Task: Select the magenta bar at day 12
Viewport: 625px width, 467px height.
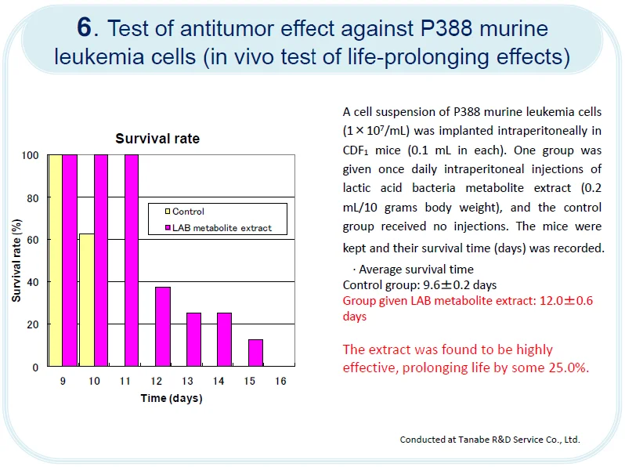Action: tap(162, 326)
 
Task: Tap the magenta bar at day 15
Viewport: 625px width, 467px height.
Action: tap(255, 353)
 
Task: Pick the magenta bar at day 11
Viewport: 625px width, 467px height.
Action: tap(132, 260)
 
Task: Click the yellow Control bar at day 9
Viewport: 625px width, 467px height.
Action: tap(56, 260)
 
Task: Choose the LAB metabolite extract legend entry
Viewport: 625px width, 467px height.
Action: tap(222, 228)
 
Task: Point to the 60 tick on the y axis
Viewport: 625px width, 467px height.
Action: tap(32, 240)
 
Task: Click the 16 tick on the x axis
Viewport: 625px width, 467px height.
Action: tap(280, 381)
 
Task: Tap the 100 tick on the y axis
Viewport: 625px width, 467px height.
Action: tap(30, 155)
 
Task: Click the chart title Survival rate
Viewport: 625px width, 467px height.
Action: tap(157, 139)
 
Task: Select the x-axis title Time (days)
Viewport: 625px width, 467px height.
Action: tap(172, 398)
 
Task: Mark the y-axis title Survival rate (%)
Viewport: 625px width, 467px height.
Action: tap(16, 260)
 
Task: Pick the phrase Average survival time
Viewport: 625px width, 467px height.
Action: tap(416, 270)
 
